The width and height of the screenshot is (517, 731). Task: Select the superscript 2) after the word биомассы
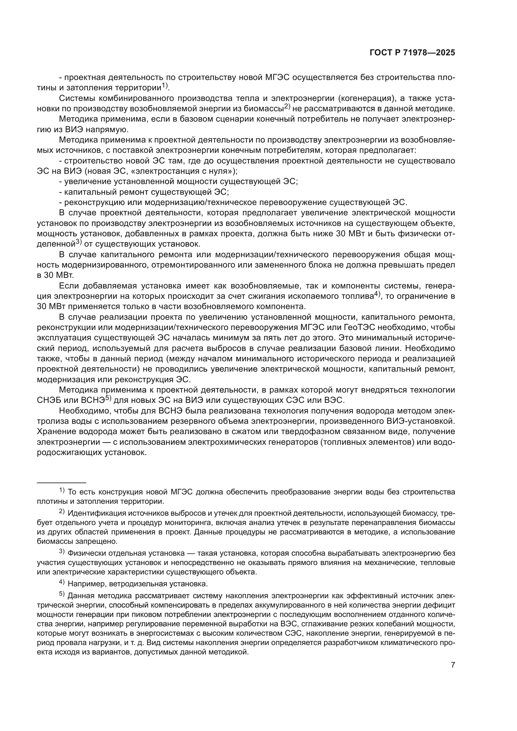(x=287, y=106)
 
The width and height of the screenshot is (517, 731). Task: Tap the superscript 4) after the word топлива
(x=377, y=294)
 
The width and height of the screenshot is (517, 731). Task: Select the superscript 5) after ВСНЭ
(x=108, y=398)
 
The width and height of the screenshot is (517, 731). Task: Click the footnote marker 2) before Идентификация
(x=62, y=511)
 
